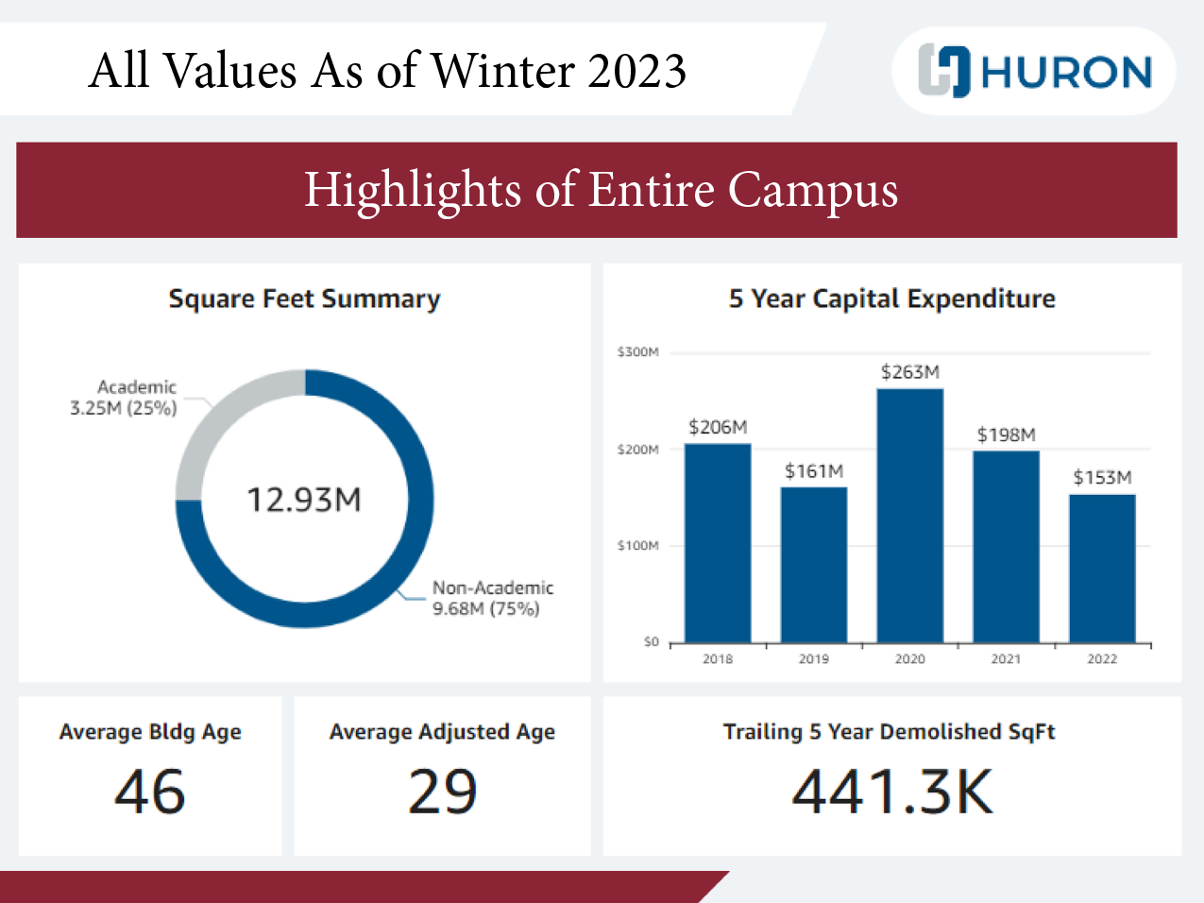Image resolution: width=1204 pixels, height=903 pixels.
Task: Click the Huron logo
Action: (x=1035, y=71)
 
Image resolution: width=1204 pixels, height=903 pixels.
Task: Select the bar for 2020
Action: (x=909, y=515)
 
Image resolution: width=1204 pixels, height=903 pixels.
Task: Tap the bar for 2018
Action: (x=718, y=543)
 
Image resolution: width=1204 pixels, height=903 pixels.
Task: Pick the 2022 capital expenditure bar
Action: (x=1102, y=568)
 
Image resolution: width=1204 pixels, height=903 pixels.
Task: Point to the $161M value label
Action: (x=813, y=470)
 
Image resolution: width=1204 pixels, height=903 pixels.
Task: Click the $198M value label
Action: (x=1006, y=434)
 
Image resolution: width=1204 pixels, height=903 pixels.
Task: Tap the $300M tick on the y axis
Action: (x=637, y=352)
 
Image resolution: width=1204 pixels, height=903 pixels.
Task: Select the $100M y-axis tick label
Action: (x=637, y=546)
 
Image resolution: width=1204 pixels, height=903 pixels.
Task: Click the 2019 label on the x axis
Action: (x=813, y=659)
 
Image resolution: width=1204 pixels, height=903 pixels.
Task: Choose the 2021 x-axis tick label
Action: (x=1006, y=659)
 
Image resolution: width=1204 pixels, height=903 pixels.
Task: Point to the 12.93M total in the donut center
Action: (x=304, y=500)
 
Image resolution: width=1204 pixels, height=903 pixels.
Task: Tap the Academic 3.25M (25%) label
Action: (x=124, y=398)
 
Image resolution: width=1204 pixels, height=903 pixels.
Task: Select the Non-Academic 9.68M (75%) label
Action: (x=492, y=598)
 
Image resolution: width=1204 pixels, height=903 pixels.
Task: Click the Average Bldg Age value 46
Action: (x=150, y=792)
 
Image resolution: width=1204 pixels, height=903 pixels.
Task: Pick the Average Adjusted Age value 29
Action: (x=442, y=792)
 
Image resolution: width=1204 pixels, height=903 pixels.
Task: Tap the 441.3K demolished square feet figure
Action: (x=892, y=792)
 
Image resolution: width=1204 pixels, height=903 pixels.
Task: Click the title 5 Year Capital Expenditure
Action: (x=891, y=298)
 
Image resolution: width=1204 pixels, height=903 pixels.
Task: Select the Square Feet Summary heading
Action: (x=304, y=298)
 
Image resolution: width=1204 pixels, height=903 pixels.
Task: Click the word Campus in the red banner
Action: (x=812, y=190)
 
